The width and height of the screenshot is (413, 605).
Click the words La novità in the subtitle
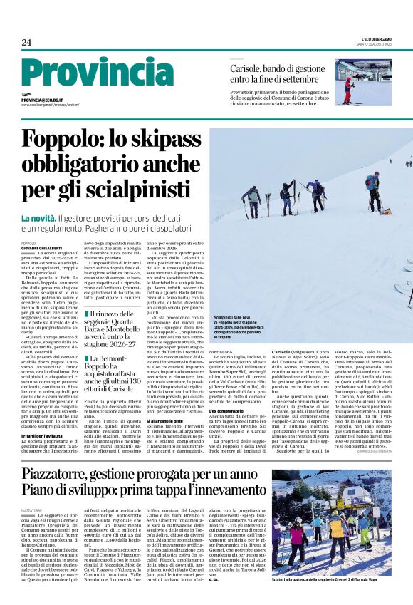(x=38, y=217)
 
